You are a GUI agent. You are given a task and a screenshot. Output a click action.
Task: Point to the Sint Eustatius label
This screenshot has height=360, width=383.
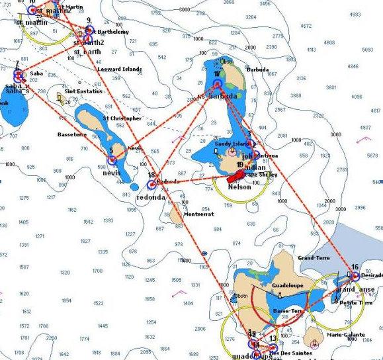click(83, 91)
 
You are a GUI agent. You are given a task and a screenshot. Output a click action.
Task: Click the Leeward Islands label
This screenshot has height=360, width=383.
click(120, 69)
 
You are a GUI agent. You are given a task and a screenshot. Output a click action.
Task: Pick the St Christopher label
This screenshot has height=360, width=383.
click(122, 118)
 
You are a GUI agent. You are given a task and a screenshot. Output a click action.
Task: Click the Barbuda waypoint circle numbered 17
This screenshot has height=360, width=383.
click(217, 84)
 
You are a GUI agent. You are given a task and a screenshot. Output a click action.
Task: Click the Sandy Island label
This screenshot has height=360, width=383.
click(230, 143)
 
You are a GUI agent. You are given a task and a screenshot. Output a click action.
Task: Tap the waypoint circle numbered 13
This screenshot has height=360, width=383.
click(273, 347)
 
